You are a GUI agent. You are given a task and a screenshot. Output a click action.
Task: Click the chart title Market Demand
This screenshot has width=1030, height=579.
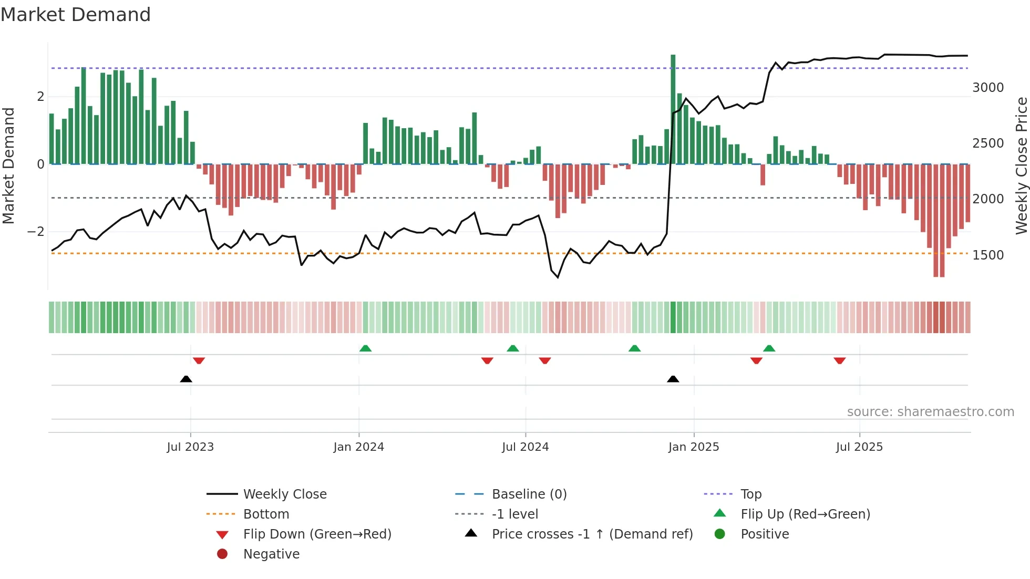coord(76,15)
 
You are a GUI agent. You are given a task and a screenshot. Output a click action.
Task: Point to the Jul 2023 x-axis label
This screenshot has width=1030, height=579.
coord(190,447)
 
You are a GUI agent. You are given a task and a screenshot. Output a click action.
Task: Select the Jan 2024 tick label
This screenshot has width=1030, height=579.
coord(359,447)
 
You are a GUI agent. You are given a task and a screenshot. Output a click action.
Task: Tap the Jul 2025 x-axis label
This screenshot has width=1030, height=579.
coord(859,447)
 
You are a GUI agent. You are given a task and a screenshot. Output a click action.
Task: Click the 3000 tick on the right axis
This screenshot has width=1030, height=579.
coord(988,88)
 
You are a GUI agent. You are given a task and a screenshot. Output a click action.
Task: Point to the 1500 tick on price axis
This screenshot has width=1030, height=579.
coord(988,255)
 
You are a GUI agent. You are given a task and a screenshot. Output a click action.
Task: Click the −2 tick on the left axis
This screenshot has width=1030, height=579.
coord(36,232)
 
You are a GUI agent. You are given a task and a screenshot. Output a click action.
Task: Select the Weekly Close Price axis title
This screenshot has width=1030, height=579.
coord(1021,166)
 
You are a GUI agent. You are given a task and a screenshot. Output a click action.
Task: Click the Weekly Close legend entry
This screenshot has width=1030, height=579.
coord(285,494)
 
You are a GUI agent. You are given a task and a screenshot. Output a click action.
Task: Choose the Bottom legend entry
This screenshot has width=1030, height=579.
coord(266,514)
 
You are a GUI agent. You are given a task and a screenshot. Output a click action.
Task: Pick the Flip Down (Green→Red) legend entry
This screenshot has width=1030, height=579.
coord(317,534)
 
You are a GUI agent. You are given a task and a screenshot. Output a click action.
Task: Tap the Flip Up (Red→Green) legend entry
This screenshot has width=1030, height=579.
coord(805,514)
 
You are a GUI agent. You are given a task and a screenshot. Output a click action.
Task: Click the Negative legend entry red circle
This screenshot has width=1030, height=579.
coord(222,554)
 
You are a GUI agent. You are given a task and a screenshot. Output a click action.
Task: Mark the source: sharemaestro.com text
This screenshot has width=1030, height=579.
coord(930,412)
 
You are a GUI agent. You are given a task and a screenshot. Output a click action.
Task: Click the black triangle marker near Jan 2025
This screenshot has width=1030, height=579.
coord(673,379)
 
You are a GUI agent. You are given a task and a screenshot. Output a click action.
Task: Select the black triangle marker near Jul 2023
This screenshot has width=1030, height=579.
coord(186,379)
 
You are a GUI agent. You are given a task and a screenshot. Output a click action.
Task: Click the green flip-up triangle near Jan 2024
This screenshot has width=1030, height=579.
coord(365,348)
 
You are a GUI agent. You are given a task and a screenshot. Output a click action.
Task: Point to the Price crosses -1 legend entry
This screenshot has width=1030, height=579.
coord(592,534)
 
